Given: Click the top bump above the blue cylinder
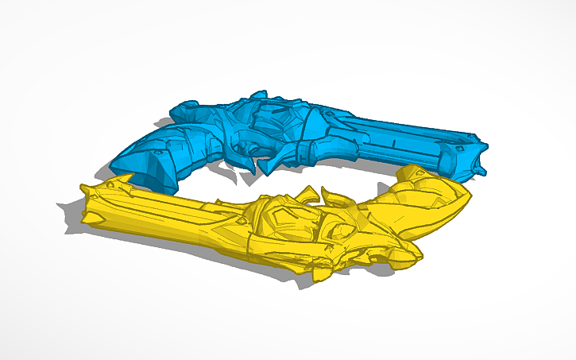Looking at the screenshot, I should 257,96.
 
